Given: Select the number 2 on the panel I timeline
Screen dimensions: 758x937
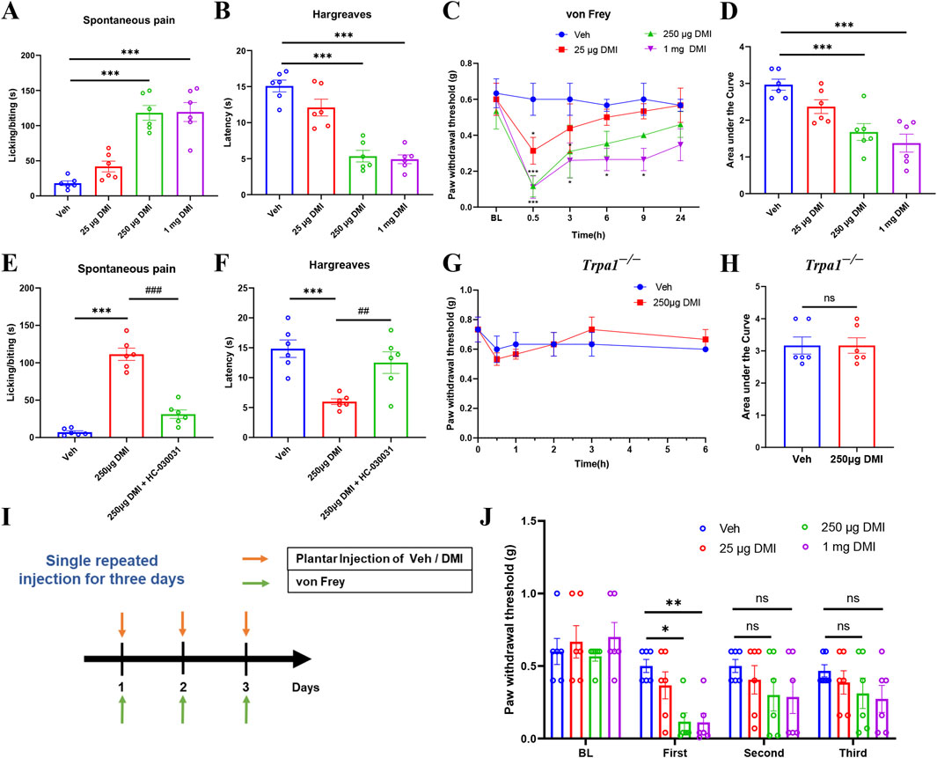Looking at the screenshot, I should (183, 682).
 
